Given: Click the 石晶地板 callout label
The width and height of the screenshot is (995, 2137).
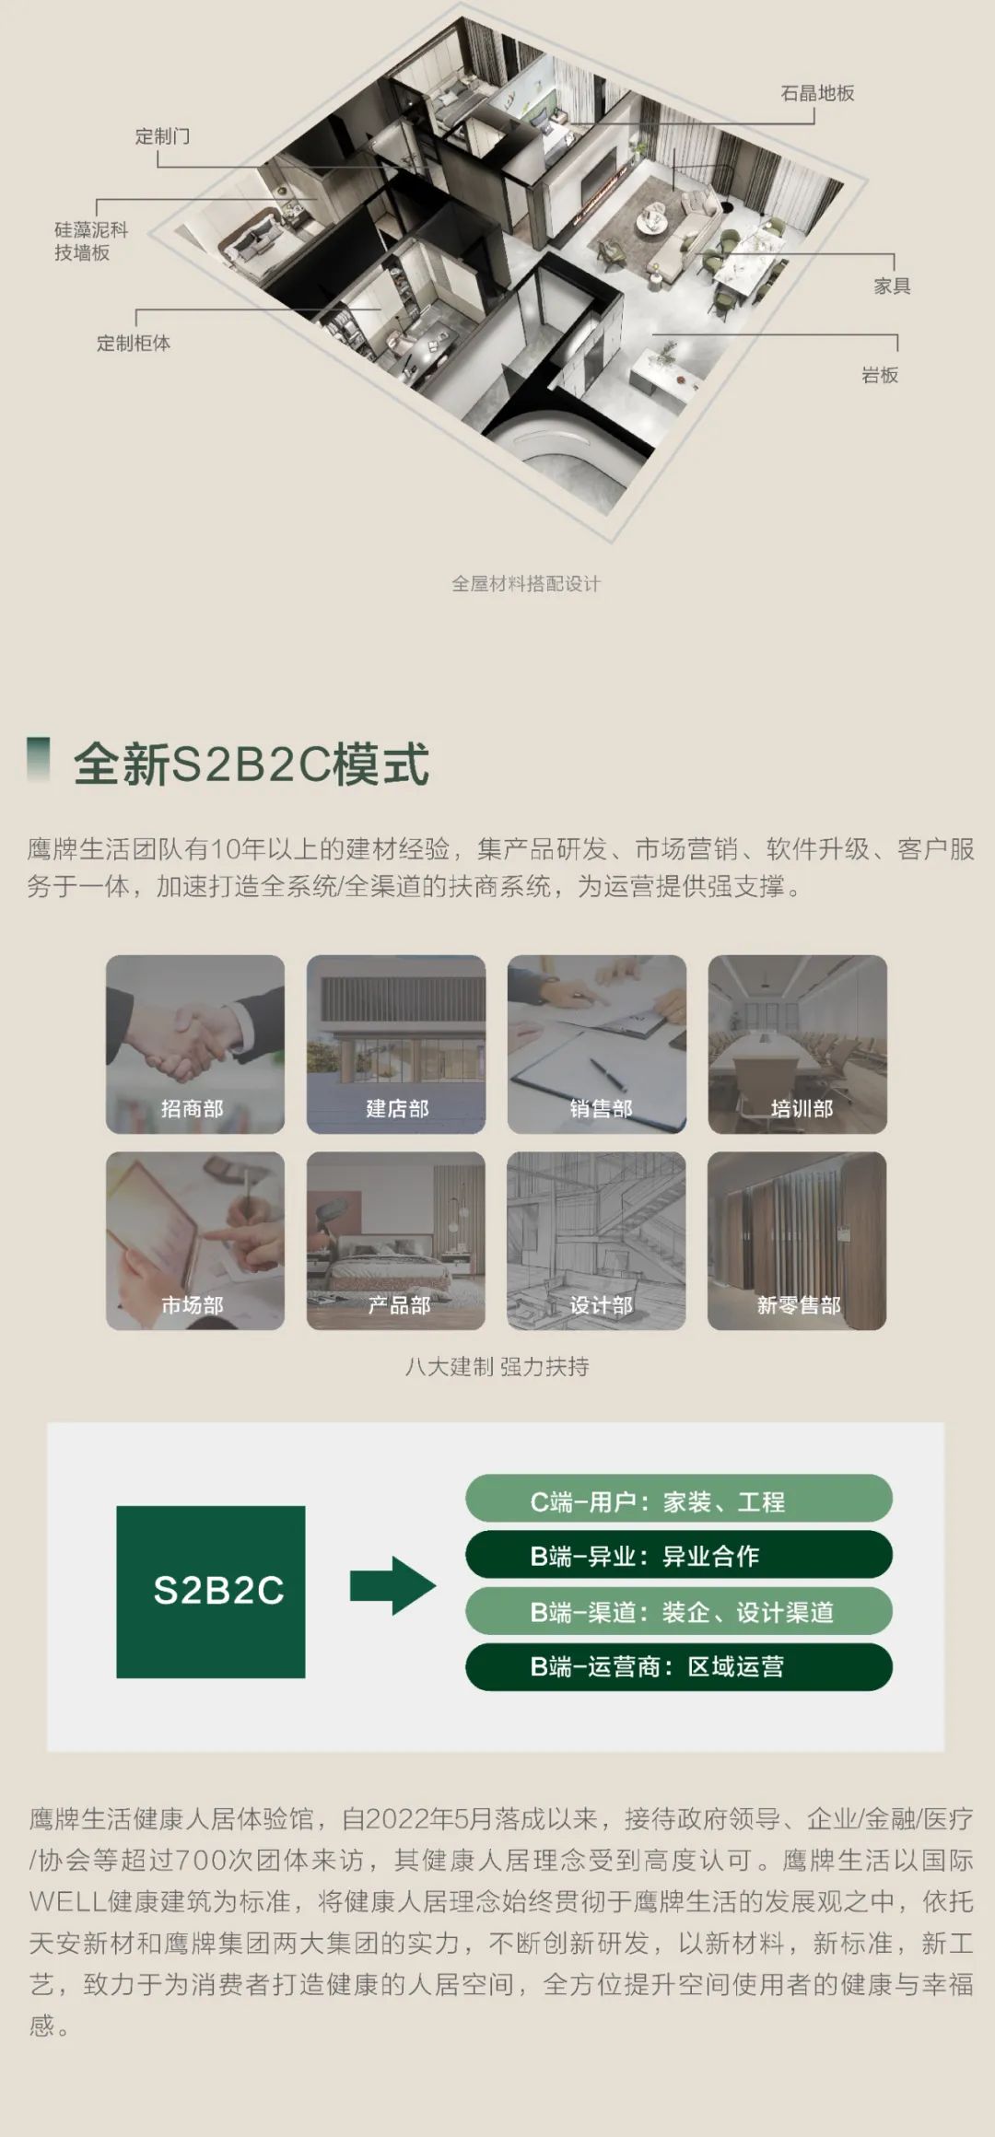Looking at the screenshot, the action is (817, 93).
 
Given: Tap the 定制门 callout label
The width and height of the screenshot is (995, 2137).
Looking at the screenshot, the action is (162, 136).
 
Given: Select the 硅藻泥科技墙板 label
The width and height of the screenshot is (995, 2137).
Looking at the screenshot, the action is (90, 241).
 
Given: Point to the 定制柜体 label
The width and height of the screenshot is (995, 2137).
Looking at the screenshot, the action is (134, 343).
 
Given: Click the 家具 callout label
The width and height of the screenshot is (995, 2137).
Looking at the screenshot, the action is (892, 286).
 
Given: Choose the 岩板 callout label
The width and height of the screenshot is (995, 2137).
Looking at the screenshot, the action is (880, 375).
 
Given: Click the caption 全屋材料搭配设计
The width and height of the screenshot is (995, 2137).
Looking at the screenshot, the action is (526, 584).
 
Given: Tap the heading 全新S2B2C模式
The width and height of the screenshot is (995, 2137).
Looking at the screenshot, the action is (252, 764).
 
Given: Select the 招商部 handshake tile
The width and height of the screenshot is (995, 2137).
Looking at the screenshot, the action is (195, 1044).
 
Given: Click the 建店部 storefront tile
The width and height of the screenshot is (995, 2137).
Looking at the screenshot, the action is (396, 1044).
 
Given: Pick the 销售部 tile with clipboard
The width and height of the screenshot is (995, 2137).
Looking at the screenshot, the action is (597, 1044).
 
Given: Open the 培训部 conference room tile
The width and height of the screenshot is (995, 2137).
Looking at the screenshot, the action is (798, 1044).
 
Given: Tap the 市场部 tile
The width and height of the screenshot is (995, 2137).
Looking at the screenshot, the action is (195, 1241).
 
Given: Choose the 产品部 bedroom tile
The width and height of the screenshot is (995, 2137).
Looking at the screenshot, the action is (396, 1241).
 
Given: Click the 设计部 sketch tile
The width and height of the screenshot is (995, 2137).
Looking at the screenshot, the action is (597, 1241).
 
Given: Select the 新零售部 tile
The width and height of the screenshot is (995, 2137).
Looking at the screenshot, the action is (798, 1241).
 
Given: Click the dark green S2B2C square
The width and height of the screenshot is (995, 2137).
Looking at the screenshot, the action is (211, 1592).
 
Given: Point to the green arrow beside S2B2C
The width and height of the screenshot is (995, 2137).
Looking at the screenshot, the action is (392, 1585).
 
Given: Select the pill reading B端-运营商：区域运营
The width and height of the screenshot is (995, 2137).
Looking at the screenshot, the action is (679, 1666).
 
